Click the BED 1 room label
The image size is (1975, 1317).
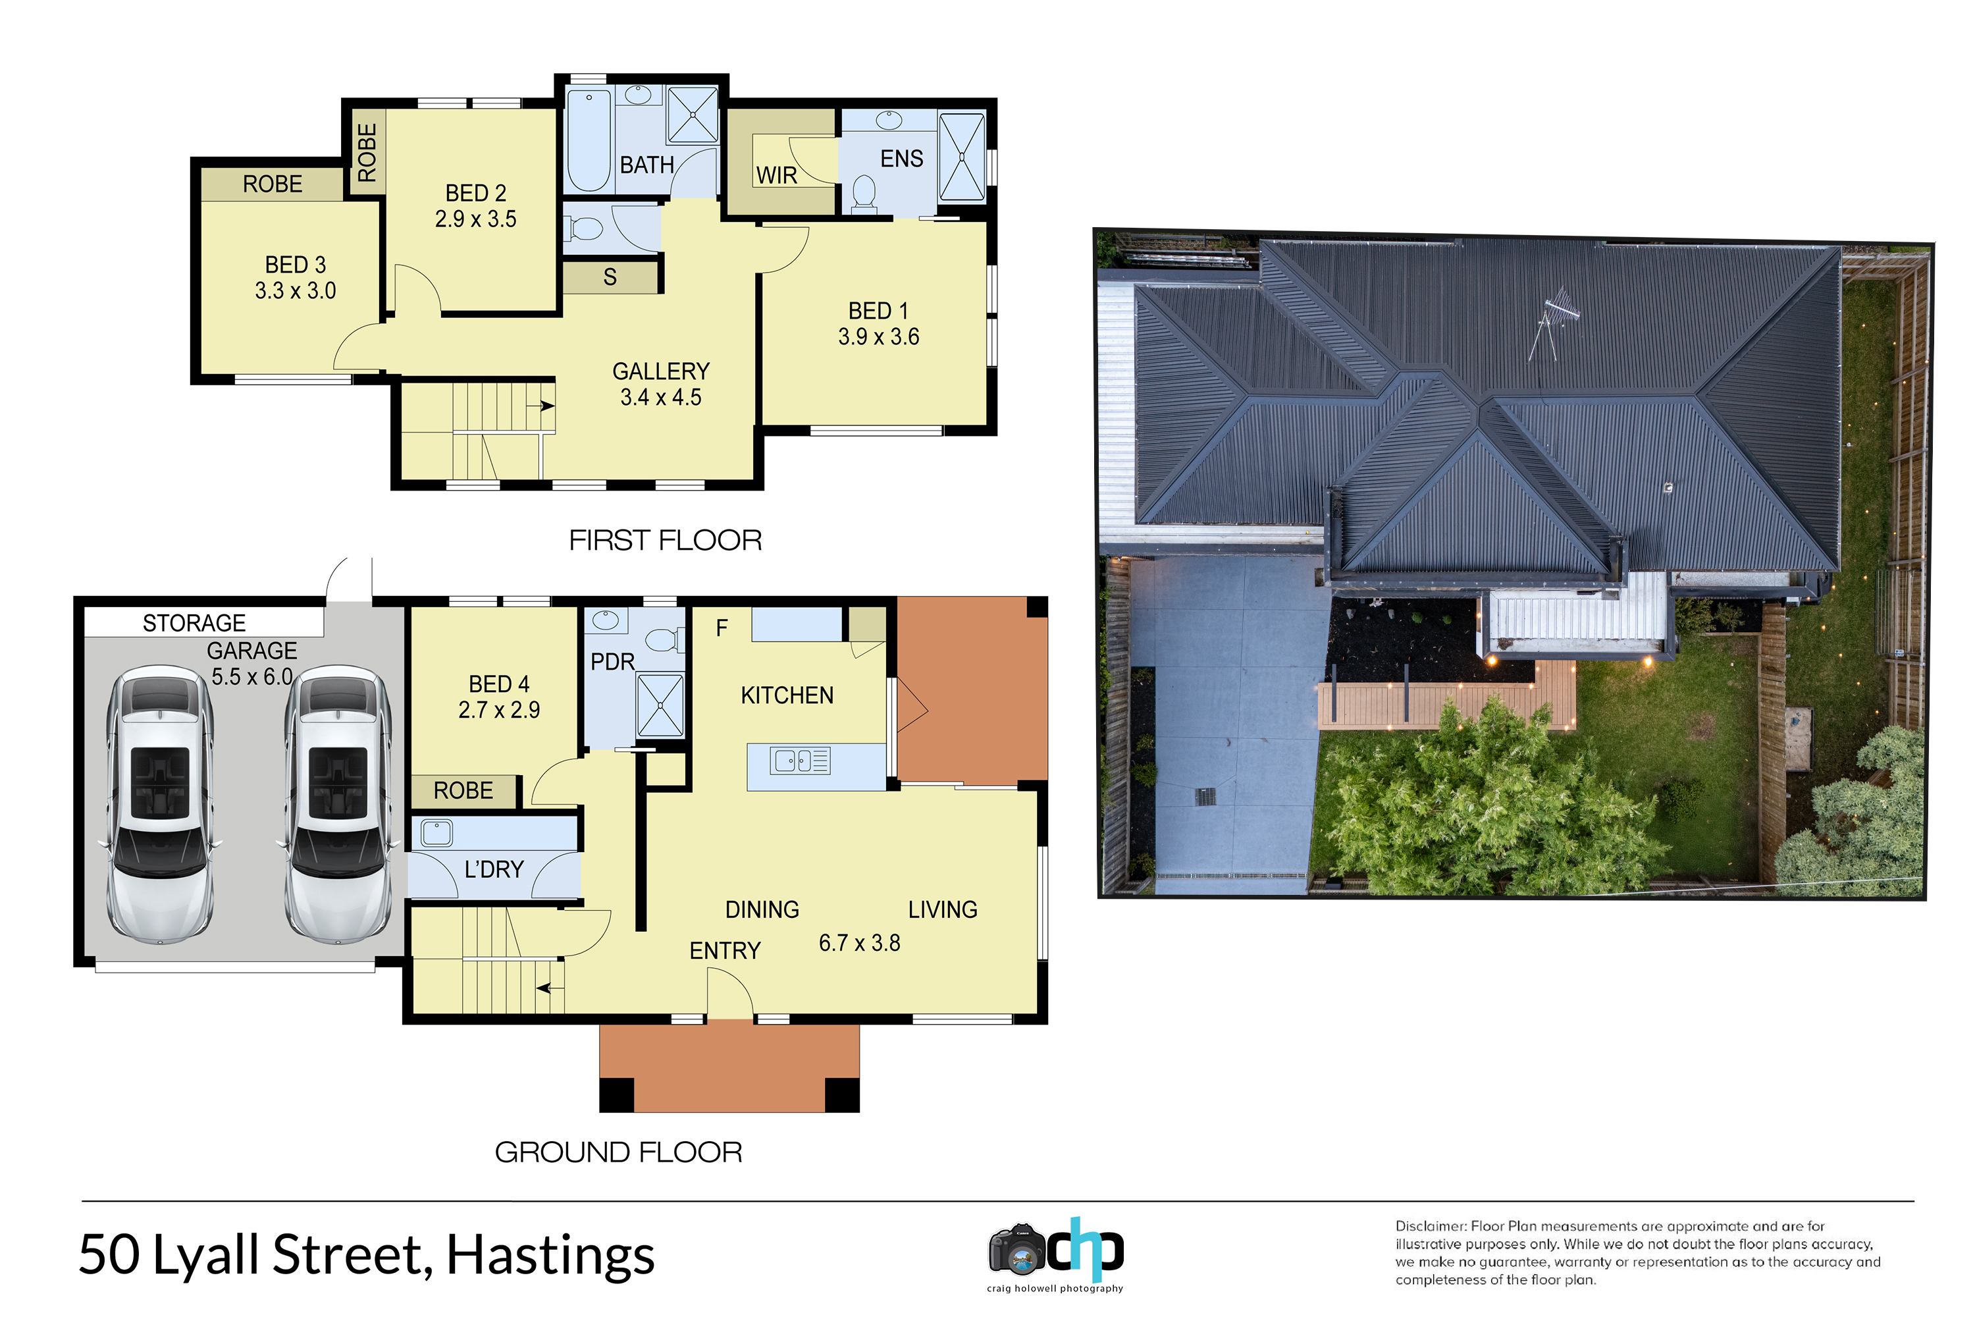point(878,311)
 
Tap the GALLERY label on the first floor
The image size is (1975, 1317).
point(661,371)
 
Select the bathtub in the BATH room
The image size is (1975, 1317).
point(589,140)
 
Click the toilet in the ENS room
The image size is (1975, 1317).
point(864,192)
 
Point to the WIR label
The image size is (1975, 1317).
point(777,176)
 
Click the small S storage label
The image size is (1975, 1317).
point(610,277)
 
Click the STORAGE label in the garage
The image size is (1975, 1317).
point(194,623)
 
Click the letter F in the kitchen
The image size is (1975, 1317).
point(722,628)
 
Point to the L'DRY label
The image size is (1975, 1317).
point(494,869)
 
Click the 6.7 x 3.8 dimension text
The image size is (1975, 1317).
point(859,943)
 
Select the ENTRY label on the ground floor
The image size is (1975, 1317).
point(725,951)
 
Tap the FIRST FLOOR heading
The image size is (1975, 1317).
point(665,540)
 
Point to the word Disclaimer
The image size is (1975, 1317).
point(1430,1226)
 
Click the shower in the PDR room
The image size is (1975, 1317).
point(660,705)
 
